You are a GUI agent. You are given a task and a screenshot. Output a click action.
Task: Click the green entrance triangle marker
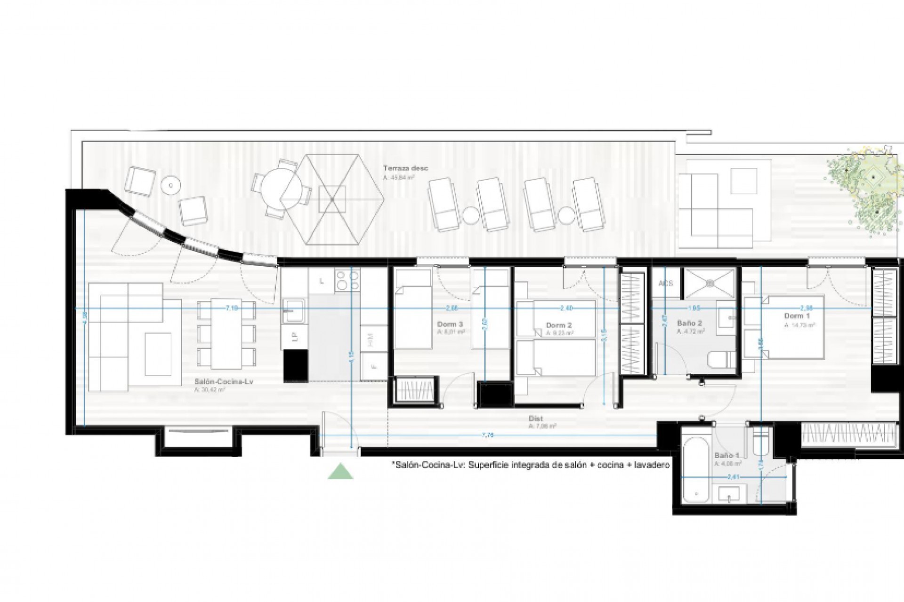[340, 472]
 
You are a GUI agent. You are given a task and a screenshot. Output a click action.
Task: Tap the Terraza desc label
[399, 168]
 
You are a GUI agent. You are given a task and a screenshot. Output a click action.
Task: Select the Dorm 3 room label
[450, 324]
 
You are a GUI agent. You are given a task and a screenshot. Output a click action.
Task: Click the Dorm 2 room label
[559, 325]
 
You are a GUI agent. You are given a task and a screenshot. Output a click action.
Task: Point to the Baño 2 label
[690, 324]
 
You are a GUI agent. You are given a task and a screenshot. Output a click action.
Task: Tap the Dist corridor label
[536, 419]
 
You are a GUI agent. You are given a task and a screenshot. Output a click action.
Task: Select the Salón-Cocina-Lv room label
[224, 382]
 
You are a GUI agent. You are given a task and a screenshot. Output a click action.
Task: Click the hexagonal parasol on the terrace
[331, 200]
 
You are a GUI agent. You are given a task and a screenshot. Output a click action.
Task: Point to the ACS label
[666, 284]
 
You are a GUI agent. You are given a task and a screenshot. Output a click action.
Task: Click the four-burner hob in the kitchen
[347, 280]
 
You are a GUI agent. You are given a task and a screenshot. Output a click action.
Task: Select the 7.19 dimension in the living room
[231, 308]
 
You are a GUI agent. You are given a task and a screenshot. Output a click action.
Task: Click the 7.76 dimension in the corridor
[488, 436]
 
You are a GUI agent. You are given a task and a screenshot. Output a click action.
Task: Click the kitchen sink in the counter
[294, 311]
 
